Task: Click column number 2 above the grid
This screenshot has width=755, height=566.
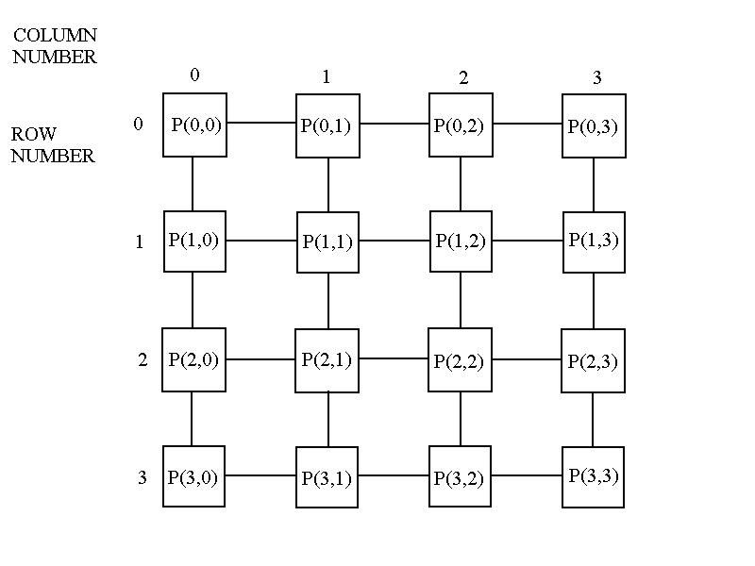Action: click(462, 78)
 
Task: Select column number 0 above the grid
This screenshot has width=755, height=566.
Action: click(194, 75)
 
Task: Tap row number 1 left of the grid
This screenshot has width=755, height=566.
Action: click(140, 242)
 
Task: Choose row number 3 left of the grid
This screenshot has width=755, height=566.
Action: click(143, 477)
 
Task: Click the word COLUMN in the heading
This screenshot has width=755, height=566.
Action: click(55, 36)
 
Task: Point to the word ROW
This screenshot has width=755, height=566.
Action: click(34, 135)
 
